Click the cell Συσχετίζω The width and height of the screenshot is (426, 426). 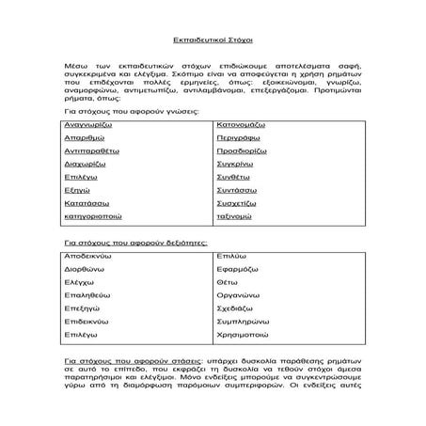coord(239,228)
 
